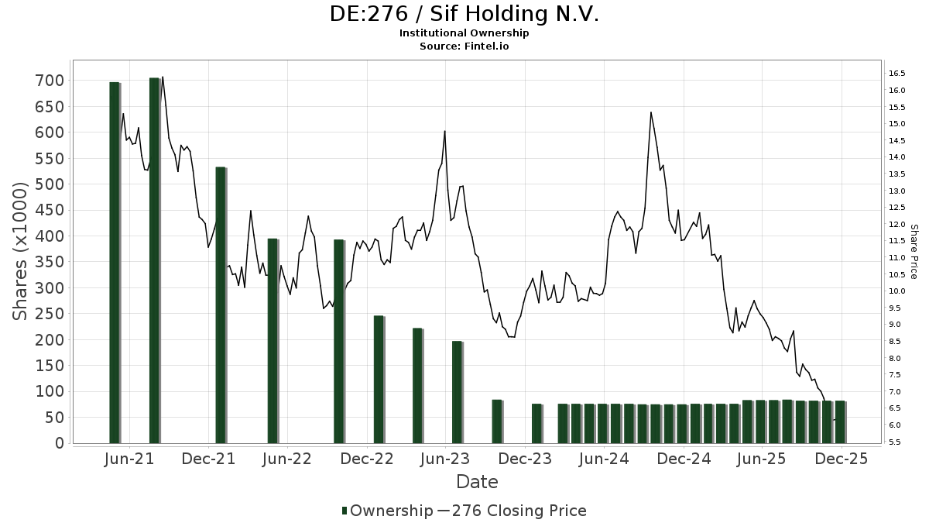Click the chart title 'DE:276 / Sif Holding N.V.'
point(464,14)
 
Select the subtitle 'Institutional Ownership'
point(464,33)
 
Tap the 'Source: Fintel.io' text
point(464,46)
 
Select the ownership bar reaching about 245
point(379,379)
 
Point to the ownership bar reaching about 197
point(457,391)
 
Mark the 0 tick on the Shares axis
point(58,443)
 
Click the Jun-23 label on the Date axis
point(444,459)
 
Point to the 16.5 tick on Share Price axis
point(897,74)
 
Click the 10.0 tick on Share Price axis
point(897,291)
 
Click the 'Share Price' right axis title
point(914,252)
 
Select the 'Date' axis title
point(477,482)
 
